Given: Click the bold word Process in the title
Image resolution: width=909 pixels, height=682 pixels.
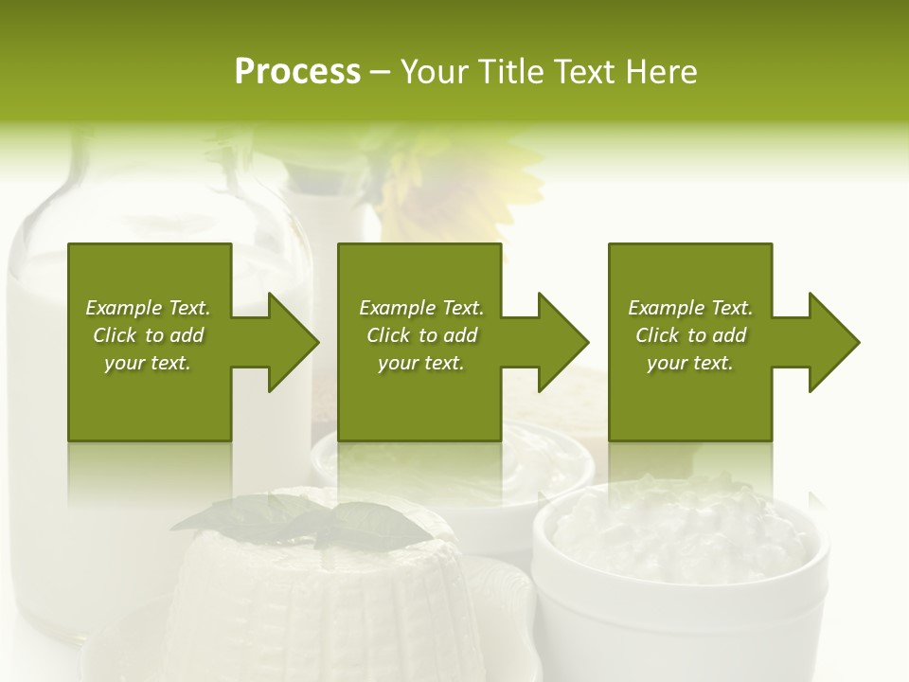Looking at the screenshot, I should pos(297,72).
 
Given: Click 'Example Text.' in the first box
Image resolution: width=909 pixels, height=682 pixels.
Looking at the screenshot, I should pos(148,308).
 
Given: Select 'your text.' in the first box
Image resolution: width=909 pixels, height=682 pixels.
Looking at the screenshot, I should pos(148,363).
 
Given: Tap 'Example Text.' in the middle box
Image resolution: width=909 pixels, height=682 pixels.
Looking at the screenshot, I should pos(421,308).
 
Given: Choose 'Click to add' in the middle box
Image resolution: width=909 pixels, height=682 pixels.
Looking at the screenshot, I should pos(421,335).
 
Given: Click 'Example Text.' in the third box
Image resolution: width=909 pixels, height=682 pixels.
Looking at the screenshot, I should pos(690,308).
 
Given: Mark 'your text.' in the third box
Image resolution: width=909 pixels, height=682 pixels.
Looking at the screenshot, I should pos(690,363).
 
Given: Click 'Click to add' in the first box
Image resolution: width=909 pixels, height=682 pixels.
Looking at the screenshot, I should pos(148,335).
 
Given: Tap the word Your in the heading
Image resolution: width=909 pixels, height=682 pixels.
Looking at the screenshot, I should pos(436,72).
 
